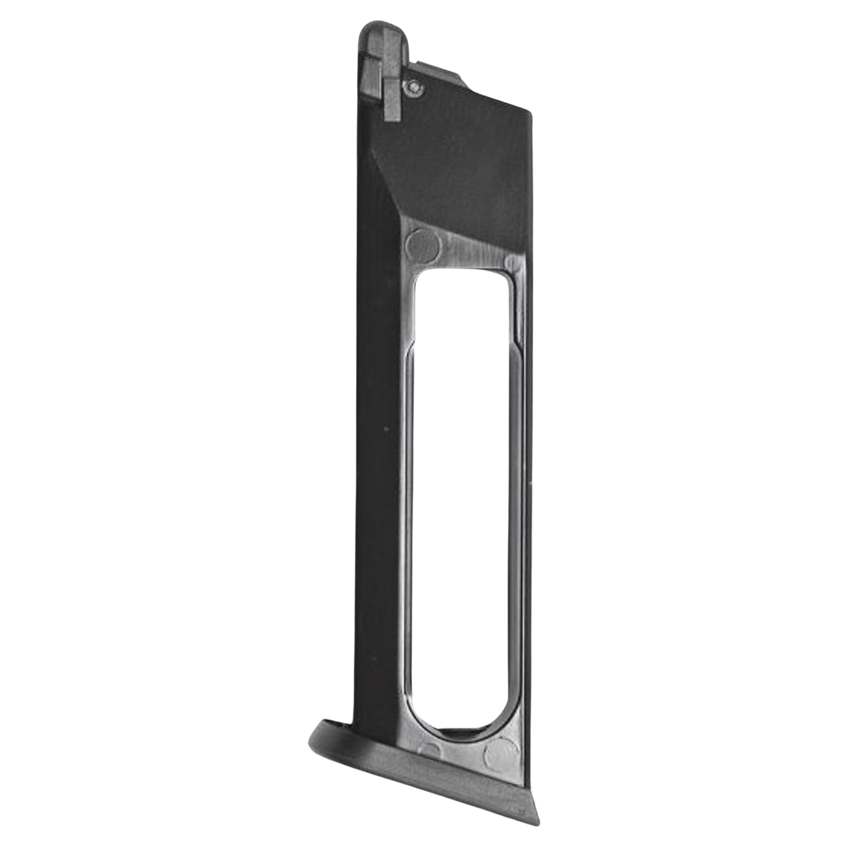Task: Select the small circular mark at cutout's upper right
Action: [512, 262]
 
